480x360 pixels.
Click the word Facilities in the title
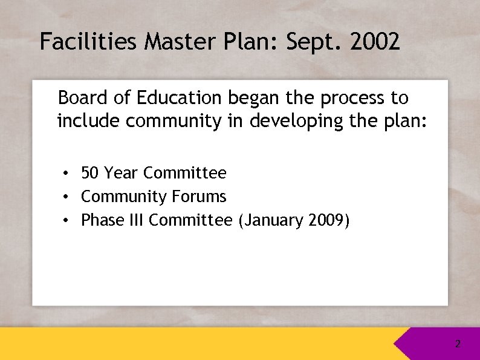89,42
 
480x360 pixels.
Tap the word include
88,121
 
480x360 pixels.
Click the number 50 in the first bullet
90,173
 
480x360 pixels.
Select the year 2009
326,220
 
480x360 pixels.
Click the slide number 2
458,344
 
